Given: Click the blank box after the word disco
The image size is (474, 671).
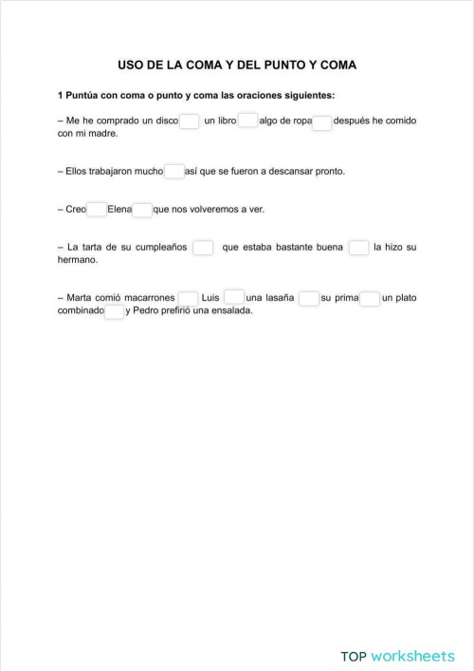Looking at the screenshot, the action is point(190,121).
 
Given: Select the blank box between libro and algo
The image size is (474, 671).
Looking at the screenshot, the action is point(248,121).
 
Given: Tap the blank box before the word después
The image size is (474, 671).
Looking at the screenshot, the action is point(322,121).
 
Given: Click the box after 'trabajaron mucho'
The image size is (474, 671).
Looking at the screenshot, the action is point(174,172).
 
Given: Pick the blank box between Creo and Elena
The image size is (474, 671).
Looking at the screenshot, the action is point(97,210).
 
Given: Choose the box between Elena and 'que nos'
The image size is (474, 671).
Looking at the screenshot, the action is point(142,210).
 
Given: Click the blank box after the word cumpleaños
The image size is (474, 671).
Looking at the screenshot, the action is point(203,248).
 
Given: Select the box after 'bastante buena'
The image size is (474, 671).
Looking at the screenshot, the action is point(358,248).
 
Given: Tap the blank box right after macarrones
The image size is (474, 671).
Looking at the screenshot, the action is point(188,298).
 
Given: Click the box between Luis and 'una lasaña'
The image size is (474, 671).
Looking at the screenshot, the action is point(233,298).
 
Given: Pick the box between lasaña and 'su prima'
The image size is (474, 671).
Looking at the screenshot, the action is point(309,298).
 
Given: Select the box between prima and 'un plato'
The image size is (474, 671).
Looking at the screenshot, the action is point(371,298).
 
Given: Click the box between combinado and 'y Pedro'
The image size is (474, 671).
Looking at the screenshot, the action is point(114,311).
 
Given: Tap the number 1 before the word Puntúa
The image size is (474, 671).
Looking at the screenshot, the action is point(61,96).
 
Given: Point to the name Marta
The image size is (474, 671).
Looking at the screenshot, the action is point(79,298).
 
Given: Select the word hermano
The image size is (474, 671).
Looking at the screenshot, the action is point(78,259).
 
